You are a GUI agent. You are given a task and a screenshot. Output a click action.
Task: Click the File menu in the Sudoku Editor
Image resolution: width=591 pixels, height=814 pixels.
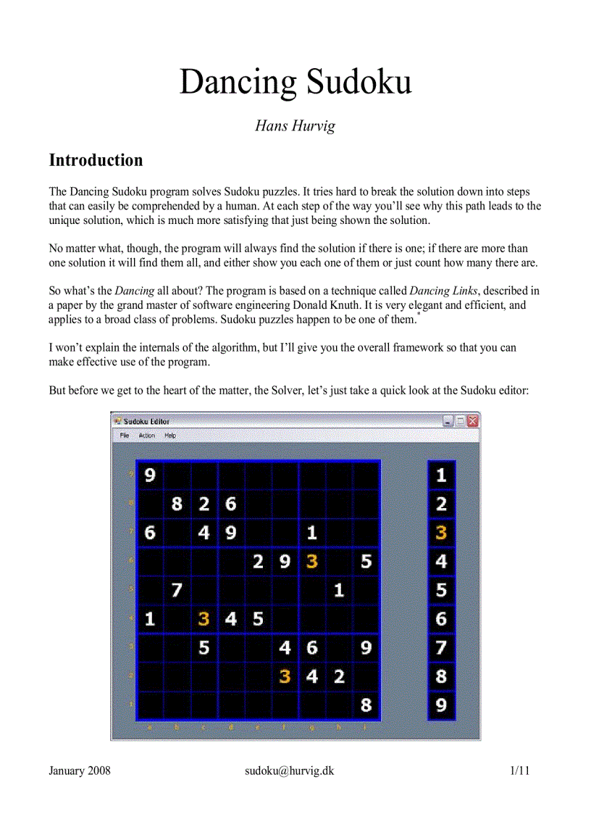point(125,436)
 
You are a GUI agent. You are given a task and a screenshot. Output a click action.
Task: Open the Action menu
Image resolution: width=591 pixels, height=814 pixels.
point(147,436)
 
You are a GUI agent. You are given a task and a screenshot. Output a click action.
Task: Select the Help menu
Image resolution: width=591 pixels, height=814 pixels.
point(170,436)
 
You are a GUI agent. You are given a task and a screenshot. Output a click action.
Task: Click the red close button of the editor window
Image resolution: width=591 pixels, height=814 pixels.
point(473,420)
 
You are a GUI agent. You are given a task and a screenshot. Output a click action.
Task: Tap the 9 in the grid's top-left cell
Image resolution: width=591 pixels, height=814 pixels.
point(150,475)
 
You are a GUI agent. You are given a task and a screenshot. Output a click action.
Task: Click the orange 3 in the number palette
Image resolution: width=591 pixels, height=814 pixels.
point(441,533)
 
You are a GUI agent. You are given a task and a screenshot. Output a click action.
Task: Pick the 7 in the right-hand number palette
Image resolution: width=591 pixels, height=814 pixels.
point(441,647)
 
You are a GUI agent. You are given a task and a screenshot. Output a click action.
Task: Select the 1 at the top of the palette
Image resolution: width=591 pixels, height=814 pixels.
point(441,475)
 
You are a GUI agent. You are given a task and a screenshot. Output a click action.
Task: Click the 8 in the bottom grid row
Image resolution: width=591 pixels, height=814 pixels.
point(366,705)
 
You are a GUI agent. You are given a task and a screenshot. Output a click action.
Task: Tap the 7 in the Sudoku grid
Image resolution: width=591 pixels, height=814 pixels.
point(177,590)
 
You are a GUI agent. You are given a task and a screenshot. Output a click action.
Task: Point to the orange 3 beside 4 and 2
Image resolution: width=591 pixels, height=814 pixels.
point(285,676)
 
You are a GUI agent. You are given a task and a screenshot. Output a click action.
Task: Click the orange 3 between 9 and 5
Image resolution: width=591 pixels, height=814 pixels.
point(312,561)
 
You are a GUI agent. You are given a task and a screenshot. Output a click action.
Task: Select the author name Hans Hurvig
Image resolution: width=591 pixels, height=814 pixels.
point(295,126)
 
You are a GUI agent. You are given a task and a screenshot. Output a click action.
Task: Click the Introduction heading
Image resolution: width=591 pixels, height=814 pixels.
point(96,160)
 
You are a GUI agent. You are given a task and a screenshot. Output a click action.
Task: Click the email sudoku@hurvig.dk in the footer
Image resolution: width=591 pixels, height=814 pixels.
point(289,771)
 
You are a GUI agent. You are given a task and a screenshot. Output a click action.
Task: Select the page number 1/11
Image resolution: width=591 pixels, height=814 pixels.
point(520,771)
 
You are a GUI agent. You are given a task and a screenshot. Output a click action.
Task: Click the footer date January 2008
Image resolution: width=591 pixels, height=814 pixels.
point(80,771)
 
